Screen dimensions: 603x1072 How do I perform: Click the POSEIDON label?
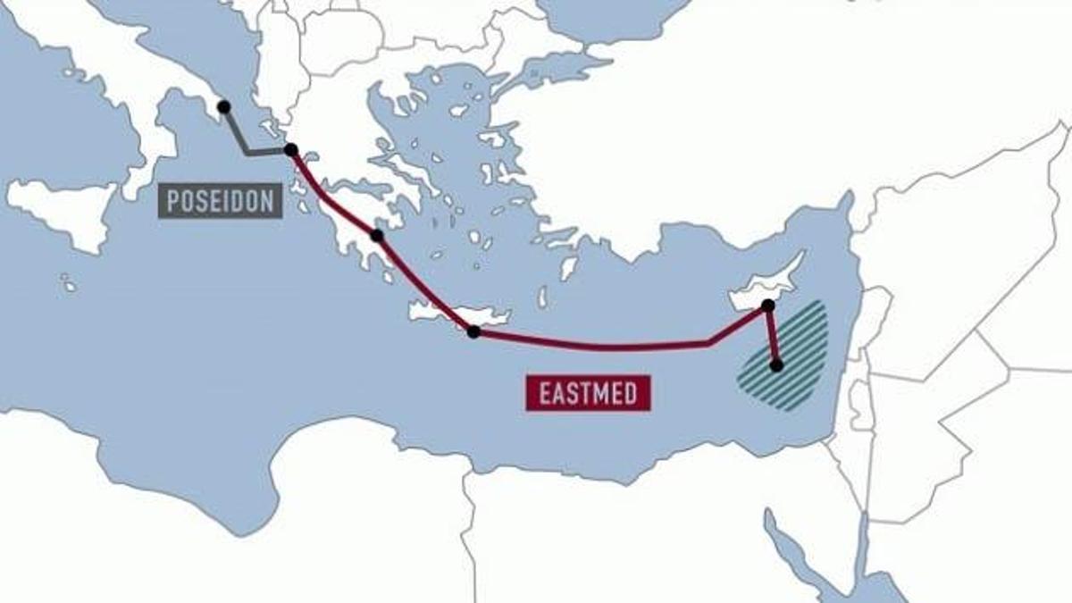[x=221, y=201]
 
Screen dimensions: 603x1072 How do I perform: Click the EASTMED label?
[x=589, y=393]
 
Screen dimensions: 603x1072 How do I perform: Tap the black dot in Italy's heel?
[x=223, y=106]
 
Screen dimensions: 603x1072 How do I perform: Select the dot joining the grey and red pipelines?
[x=290, y=149]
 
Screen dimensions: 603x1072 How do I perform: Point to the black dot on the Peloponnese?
[x=376, y=236]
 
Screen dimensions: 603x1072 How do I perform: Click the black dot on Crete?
[x=473, y=331]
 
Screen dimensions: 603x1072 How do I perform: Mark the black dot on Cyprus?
[x=766, y=306]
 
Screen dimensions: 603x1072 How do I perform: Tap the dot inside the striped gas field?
[x=776, y=364]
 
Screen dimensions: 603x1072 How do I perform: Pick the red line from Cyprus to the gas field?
[x=772, y=336]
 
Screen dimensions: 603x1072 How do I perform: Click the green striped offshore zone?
[x=800, y=366]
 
